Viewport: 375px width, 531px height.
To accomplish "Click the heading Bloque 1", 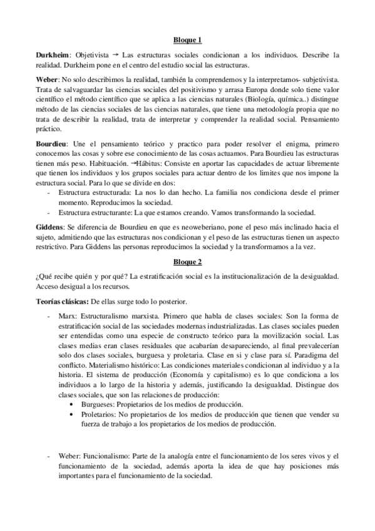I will pyautogui.click(x=187, y=41).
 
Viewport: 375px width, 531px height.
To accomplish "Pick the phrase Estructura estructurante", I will pyautogui.click(x=95, y=212).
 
